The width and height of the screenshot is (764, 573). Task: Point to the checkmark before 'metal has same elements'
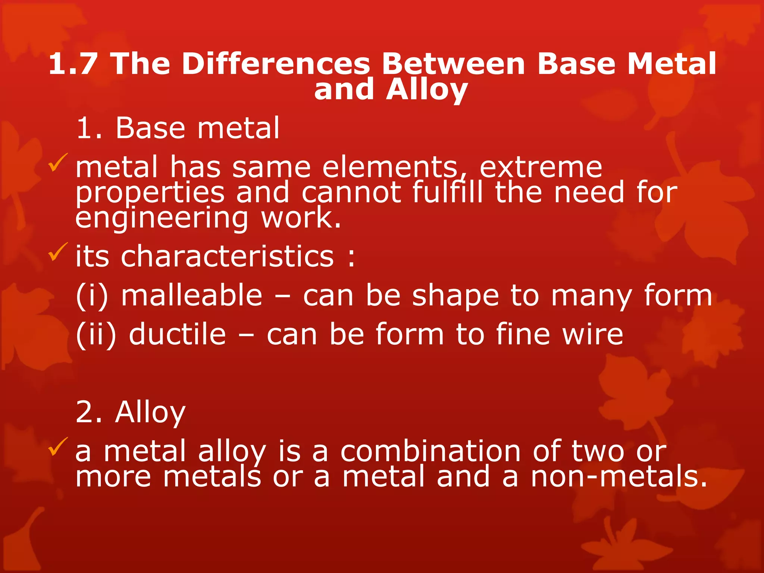(x=58, y=163)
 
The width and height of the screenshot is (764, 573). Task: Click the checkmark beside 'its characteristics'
(x=58, y=252)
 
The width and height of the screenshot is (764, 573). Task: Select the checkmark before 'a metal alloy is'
(x=58, y=447)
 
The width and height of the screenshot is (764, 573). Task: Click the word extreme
(x=541, y=167)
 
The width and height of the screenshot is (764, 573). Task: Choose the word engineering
(x=162, y=218)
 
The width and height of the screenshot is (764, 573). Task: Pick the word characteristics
(x=227, y=257)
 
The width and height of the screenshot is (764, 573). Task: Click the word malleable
(x=192, y=295)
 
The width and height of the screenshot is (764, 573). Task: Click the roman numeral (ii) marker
(x=96, y=334)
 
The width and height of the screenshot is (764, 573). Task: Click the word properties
(x=150, y=193)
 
